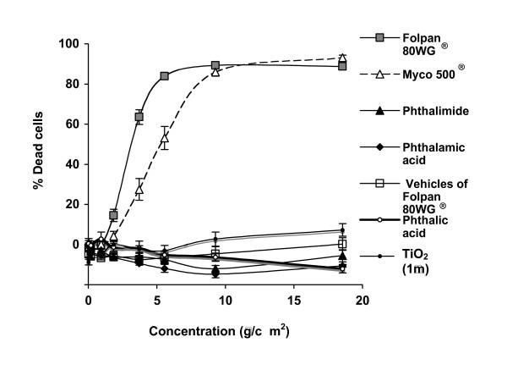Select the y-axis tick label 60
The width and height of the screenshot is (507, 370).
pos(71,124)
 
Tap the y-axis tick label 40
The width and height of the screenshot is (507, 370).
pos(71,164)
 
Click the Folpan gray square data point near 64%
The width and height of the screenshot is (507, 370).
pos(139,117)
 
